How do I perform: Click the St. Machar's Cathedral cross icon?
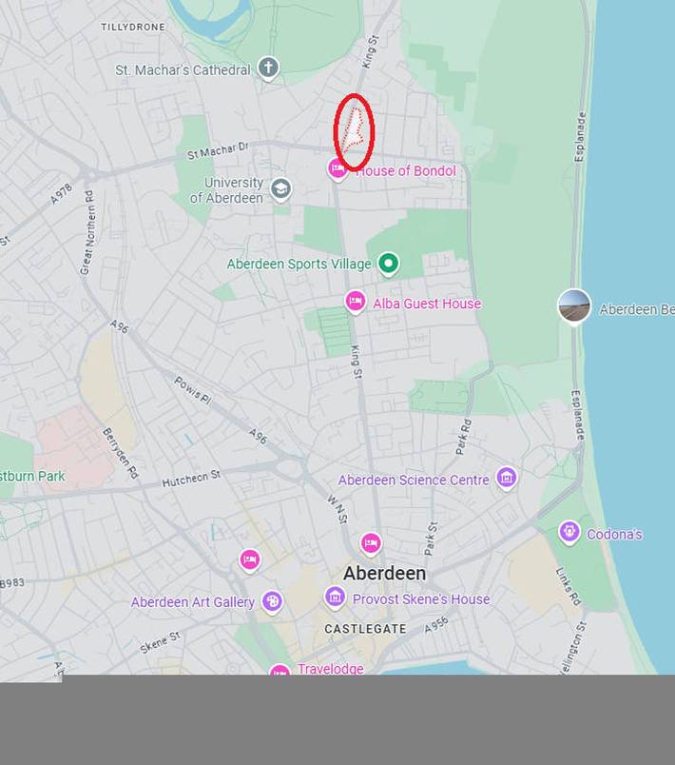point(269,69)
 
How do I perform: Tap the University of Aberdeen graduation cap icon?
point(280,188)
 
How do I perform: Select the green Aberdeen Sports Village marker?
point(388,264)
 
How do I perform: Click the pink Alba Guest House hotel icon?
point(356,303)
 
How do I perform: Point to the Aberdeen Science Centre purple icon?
point(507,479)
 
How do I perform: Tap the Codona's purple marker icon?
point(569,532)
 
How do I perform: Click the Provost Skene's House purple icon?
point(335,598)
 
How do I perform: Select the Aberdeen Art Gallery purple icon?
point(273,601)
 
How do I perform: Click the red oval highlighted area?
point(354,132)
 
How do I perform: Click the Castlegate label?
point(365,629)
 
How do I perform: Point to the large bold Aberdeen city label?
point(384,574)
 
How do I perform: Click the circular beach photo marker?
point(574,306)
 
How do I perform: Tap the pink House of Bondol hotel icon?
point(337,170)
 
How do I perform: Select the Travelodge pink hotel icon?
point(280,671)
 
